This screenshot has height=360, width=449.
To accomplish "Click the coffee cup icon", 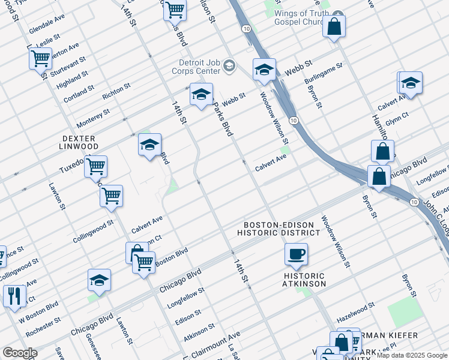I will [296, 254].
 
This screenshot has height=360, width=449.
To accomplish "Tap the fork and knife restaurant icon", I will [14, 296].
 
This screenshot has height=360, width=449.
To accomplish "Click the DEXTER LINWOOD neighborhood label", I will [80, 142].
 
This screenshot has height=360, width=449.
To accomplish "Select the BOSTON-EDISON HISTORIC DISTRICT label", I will [279, 229].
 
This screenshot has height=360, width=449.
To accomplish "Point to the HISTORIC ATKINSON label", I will [304, 280].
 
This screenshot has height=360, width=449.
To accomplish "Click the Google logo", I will [20, 353].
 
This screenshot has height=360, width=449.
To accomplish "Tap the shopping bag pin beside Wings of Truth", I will [334, 27].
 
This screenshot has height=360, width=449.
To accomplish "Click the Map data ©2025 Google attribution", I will [412, 355].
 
